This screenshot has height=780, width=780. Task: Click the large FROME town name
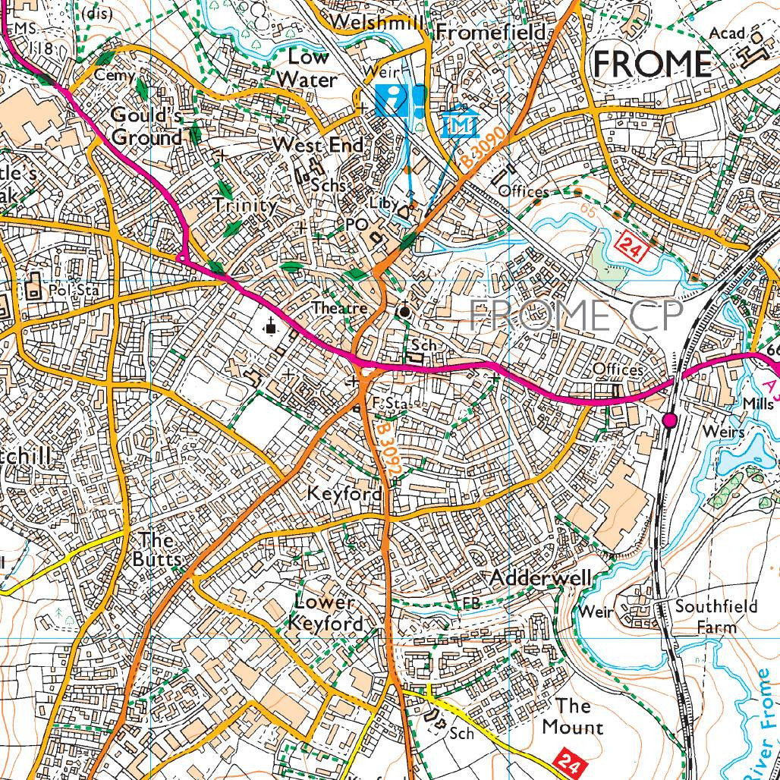pyautogui.click(x=652, y=64)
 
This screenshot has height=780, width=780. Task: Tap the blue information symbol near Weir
pyautogui.click(x=392, y=99)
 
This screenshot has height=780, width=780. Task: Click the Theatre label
pyautogui.click(x=341, y=309)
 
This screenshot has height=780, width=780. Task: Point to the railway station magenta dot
pyautogui.click(x=669, y=420)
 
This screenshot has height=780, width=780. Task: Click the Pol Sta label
pyautogui.click(x=68, y=289)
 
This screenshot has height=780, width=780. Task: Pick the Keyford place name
pyautogui.click(x=344, y=494)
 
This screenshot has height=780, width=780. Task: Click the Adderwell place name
pyautogui.click(x=539, y=578)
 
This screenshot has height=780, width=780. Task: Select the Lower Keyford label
pyautogui.click(x=326, y=613)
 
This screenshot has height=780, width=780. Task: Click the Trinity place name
pyautogui.click(x=244, y=205)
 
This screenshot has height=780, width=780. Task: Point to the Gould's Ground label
pyautogui.click(x=146, y=126)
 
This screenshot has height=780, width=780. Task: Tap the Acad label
pyautogui.click(x=728, y=34)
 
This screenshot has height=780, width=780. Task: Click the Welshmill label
pyautogui.click(x=377, y=22)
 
